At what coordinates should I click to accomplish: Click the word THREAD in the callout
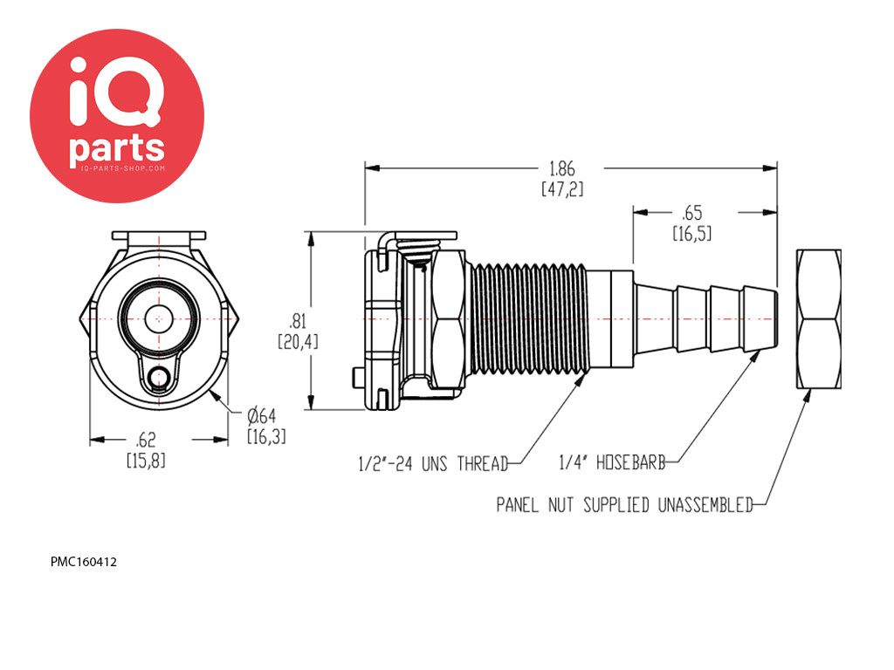[482, 464]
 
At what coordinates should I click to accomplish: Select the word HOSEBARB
[630, 462]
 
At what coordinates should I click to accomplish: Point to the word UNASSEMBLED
[705, 505]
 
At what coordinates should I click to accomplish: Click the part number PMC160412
[84, 562]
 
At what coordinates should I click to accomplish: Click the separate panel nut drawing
[818, 319]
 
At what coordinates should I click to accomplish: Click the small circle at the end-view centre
[159, 318]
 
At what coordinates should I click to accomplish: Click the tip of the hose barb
[775, 319]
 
